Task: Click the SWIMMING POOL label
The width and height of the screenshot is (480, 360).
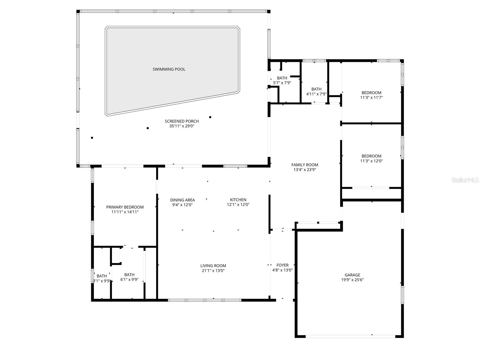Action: point(169,69)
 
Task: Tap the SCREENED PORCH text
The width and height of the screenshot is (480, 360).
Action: point(182,121)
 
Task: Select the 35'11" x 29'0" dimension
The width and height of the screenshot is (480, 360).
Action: point(182,126)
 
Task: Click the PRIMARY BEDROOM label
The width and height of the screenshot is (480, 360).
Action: point(125,207)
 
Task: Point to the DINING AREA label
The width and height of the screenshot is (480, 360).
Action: point(182,200)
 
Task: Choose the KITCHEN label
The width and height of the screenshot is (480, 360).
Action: point(238,200)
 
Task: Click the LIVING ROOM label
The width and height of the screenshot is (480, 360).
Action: point(213,266)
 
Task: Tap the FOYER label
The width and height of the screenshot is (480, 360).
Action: point(282,265)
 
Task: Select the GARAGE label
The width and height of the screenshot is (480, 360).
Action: point(352,275)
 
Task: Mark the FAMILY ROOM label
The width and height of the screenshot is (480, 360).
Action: point(304,165)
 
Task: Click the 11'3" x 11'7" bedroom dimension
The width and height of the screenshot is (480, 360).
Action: point(371,98)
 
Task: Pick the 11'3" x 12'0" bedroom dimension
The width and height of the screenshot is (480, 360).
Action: point(371,161)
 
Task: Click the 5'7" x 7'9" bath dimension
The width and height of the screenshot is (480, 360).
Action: point(282,83)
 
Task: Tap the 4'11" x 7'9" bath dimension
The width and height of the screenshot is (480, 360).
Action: point(316,94)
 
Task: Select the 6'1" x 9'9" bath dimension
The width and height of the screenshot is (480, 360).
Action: point(129,280)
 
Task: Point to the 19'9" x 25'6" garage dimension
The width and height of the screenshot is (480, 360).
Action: point(352,280)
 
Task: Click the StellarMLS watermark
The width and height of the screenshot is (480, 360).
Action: point(465,180)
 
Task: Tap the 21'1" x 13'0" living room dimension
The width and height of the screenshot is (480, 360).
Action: point(213,271)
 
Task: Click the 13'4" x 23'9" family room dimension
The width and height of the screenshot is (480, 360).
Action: point(304,170)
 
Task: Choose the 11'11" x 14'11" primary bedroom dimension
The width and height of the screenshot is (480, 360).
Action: point(125,212)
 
